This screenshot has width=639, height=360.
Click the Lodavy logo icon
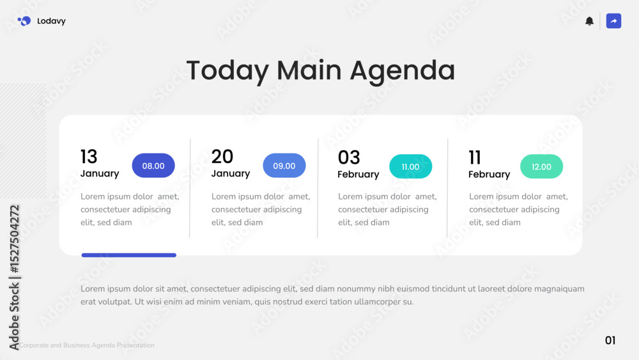[24, 21]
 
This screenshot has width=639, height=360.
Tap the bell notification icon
[589, 21]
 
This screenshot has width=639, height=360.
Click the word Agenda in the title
[402, 70]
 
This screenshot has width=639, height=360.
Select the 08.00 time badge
[153, 166]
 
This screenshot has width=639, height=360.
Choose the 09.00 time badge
[284, 166]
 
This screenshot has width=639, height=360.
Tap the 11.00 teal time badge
[410, 166]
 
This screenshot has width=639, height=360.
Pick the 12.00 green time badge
[541, 166]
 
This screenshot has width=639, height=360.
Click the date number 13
[89, 157]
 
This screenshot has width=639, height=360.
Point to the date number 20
[222, 157]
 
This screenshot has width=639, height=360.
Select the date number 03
[349, 157]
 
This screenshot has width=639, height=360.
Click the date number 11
[475, 157]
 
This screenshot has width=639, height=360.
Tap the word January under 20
[231, 174]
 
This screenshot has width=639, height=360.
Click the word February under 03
[358, 175]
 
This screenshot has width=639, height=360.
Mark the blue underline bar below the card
[129, 255]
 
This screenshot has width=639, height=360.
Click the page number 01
[610, 340]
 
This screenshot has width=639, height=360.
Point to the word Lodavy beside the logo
[51, 21]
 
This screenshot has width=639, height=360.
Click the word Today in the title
[228, 70]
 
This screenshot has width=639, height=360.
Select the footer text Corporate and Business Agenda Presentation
[87, 345]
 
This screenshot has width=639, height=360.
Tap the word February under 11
[489, 175]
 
